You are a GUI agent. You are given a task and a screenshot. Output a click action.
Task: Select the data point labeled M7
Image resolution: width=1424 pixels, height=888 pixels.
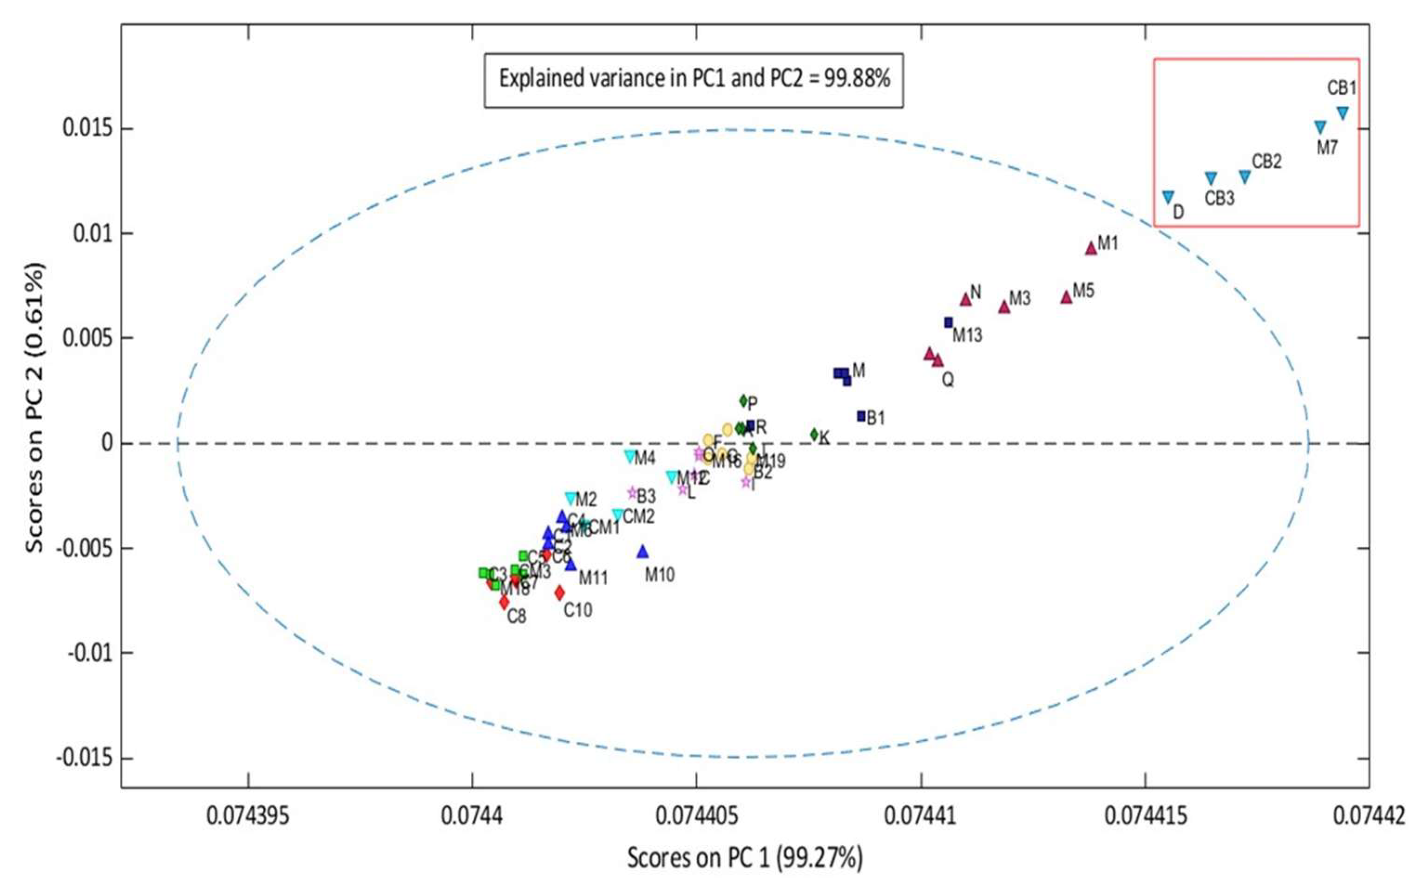1319,127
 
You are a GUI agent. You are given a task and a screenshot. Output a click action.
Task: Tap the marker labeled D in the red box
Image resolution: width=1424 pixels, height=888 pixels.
1168,197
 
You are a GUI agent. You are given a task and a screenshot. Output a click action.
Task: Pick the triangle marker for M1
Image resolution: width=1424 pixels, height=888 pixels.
1091,248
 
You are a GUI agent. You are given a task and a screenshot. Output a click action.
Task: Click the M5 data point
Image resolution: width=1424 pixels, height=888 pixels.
1066,297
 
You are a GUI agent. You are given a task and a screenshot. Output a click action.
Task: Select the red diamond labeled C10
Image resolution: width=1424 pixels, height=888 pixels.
559,593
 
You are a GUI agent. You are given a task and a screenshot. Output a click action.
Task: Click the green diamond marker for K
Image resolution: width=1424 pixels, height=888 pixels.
814,434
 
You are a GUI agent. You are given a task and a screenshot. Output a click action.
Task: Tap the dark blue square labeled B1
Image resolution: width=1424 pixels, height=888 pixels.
861,416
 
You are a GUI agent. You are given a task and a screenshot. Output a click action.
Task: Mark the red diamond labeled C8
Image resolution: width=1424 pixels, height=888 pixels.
504,602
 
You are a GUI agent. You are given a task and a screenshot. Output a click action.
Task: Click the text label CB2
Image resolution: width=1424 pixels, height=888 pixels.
1267,162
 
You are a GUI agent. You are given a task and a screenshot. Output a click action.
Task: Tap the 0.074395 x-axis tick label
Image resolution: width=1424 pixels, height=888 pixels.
248,817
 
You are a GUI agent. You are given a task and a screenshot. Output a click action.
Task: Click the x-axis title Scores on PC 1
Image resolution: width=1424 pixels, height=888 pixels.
745,858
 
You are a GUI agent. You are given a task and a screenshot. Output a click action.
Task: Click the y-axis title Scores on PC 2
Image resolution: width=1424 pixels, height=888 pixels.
34,408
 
